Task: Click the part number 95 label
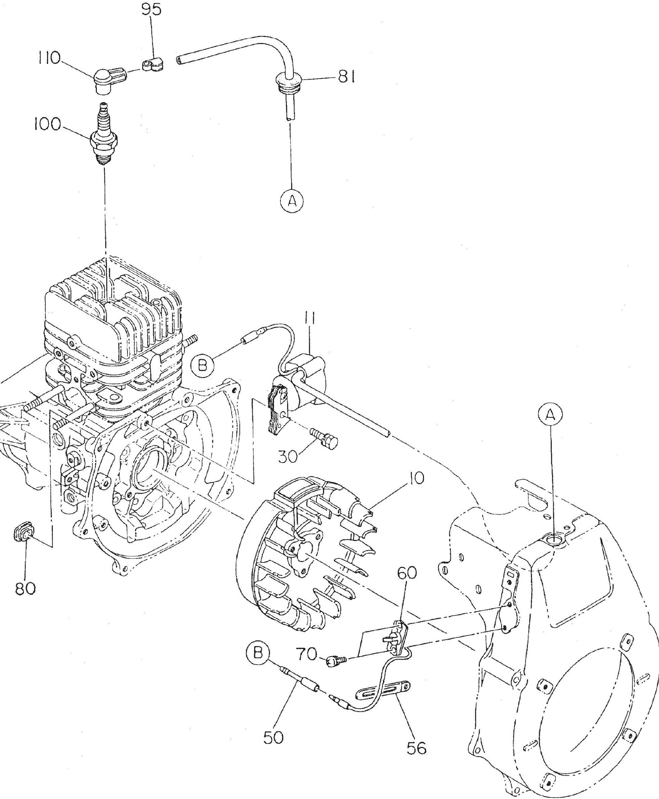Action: pyautogui.click(x=151, y=9)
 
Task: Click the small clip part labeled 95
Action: pyautogui.click(x=153, y=65)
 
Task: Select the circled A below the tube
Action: pyautogui.click(x=292, y=201)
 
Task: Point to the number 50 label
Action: pyautogui.click(x=273, y=737)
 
